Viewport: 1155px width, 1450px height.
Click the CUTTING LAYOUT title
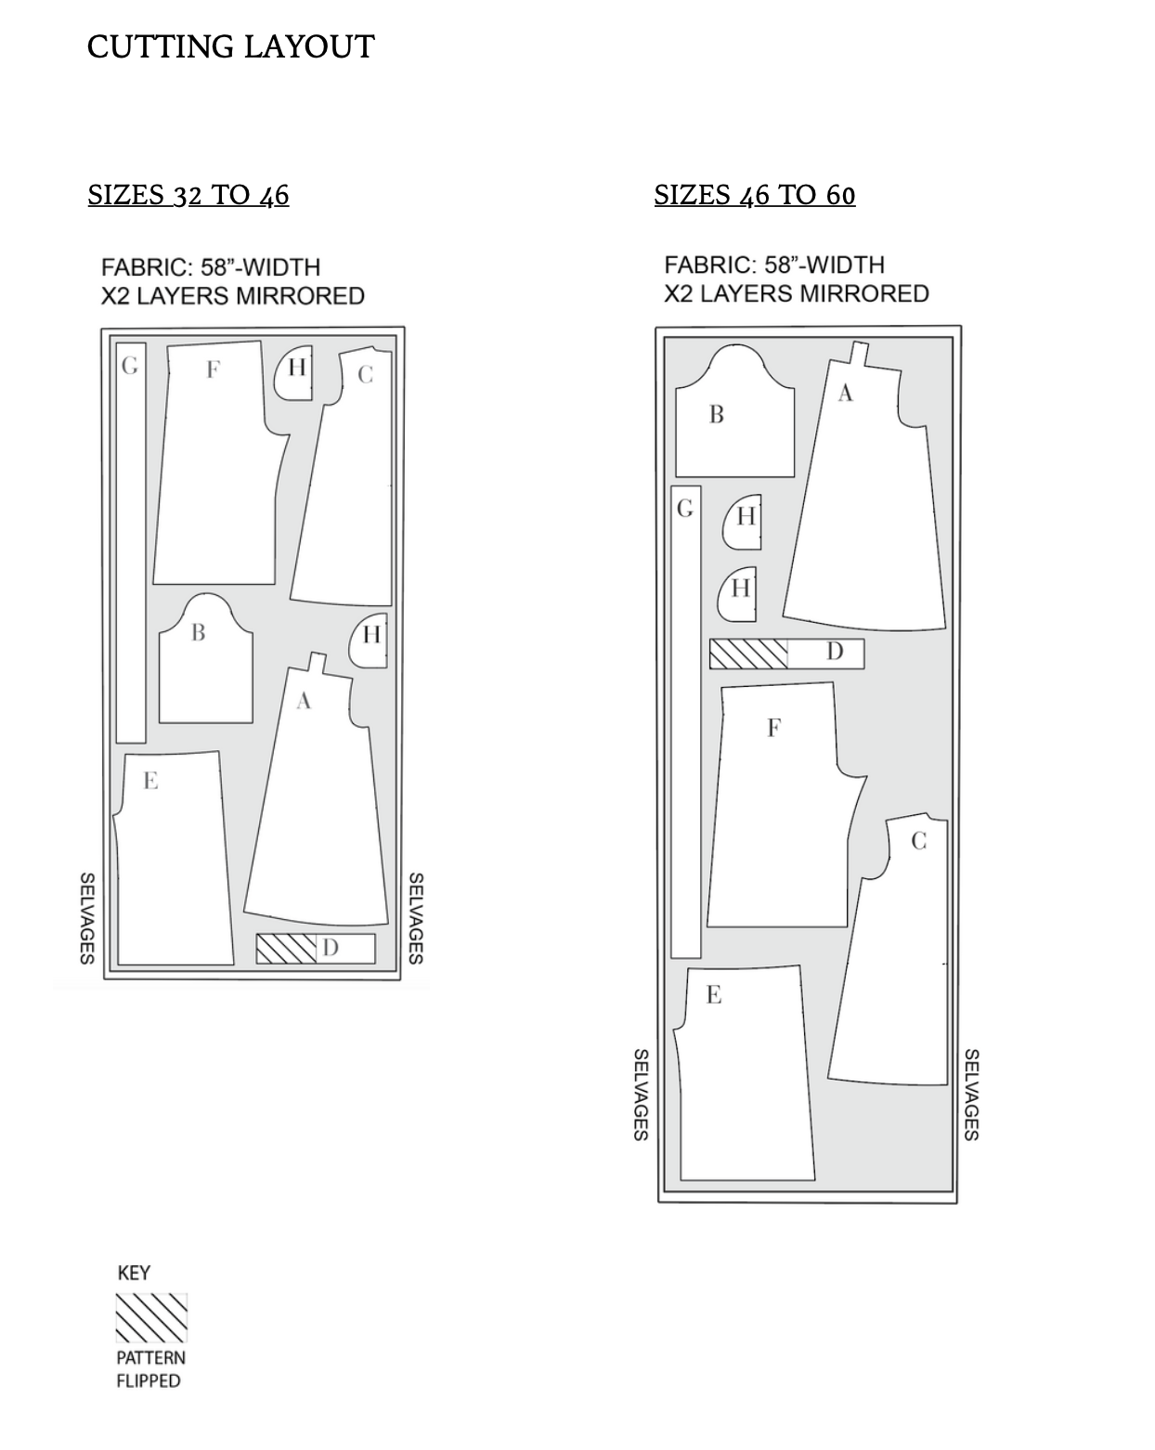click(x=230, y=47)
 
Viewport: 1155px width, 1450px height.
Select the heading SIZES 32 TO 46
click(x=188, y=195)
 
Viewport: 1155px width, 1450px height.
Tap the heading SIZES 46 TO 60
click(x=755, y=195)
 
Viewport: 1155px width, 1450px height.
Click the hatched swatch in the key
click(x=151, y=1318)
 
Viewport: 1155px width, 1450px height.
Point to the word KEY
click(x=134, y=1273)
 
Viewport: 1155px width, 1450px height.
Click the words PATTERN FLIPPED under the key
click(x=150, y=1369)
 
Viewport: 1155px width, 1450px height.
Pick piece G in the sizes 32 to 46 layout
click(x=131, y=543)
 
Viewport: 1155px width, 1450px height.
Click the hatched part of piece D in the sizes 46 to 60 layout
click(x=748, y=654)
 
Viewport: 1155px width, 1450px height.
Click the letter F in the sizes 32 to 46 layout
click(x=213, y=369)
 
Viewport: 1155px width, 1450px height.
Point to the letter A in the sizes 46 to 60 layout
click(x=845, y=393)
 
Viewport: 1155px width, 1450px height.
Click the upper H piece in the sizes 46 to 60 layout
click(x=744, y=523)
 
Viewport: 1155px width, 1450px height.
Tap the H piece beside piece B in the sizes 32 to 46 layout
click(x=369, y=641)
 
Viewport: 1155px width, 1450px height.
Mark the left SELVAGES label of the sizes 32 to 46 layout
click(x=87, y=918)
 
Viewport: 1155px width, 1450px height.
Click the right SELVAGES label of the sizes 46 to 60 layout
click(x=971, y=1094)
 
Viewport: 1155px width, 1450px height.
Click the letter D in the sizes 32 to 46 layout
click(x=331, y=948)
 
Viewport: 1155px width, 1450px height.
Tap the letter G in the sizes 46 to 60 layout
click(x=685, y=509)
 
